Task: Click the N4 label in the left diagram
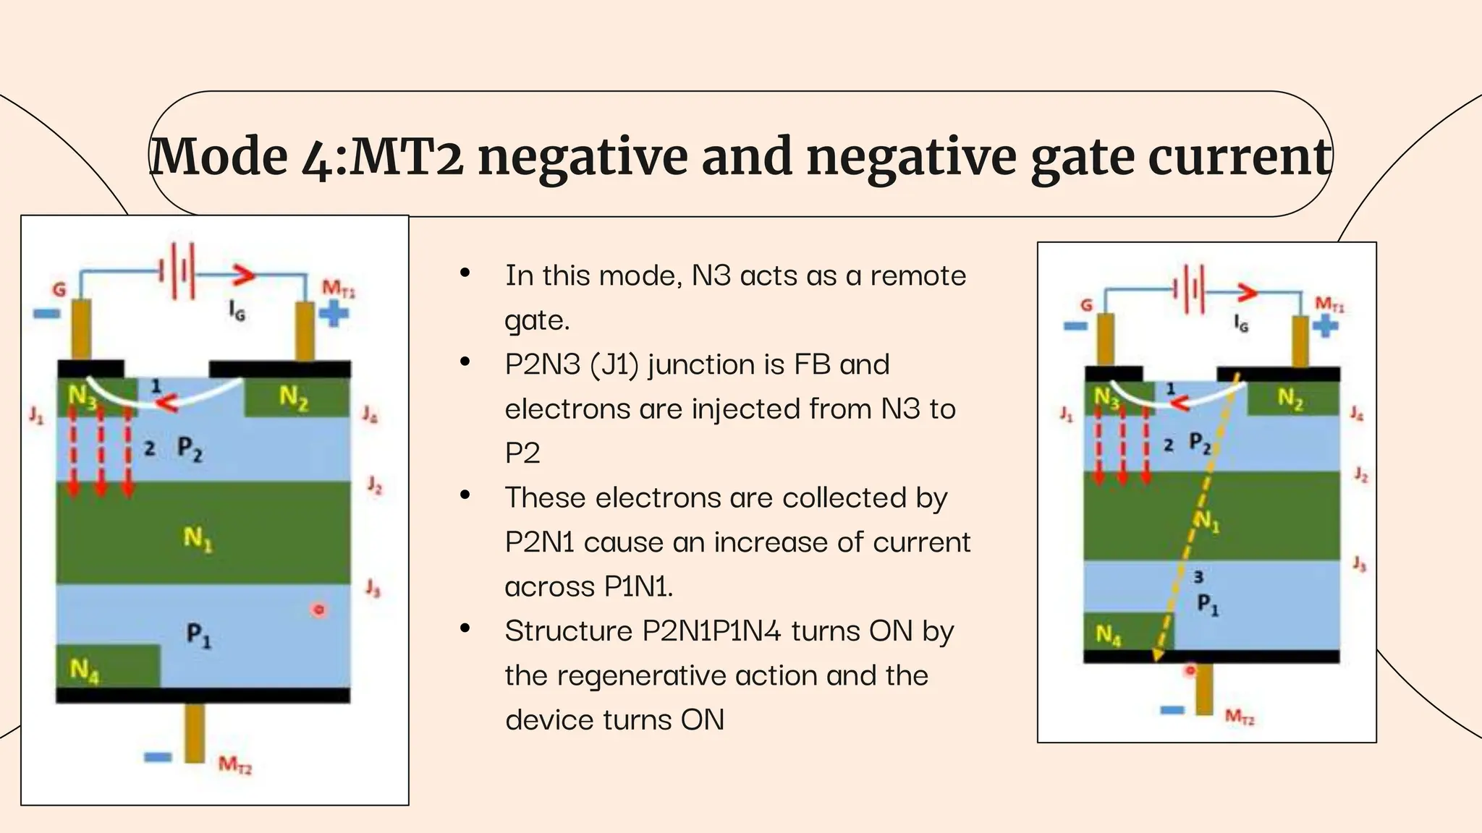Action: [x=85, y=671]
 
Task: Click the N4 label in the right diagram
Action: [x=1108, y=635]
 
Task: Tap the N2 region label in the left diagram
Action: [x=294, y=397]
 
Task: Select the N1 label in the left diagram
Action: [x=198, y=538]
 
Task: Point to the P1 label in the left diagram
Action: [x=198, y=636]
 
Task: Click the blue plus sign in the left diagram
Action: [x=334, y=314]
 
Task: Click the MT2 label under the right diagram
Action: [x=1240, y=717]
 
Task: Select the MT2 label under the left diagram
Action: [x=235, y=764]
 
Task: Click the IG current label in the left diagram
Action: [x=237, y=310]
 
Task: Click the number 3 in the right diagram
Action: [x=1198, y=576]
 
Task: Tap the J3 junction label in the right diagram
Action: [x=1360, y=564]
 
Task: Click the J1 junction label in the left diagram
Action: [x=35, y=415]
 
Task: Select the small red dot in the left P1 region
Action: [x=318, y=610]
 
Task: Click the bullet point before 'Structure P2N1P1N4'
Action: [x=465, y=628]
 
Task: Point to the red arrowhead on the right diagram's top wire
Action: [x=1248, y=293]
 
